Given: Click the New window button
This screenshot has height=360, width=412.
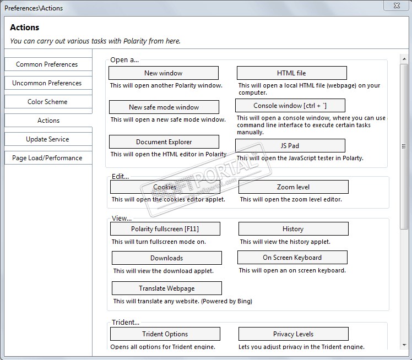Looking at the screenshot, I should pyautogui.click(x=163, y=73).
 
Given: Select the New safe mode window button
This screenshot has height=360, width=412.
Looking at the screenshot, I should pyautogui.click(x=164, y=107).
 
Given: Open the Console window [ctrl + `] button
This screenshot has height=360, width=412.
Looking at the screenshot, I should pyautogui.click(x=290, y=106).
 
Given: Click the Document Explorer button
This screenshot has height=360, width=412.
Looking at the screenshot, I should pyautogui.click(x=164, y=142).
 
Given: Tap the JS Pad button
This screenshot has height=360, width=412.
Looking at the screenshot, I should pyautogui.click(x=290, y=146).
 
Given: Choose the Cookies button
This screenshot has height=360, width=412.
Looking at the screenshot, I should pyautogui.click(x=165, y=187).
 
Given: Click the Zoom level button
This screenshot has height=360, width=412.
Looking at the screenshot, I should pyautogui.click(x=293, y=187).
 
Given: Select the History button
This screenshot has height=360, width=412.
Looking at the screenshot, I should pyautogui.click(x=293, y=229).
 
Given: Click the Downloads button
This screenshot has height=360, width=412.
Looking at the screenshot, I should pyautogui.click(x=166, y=258).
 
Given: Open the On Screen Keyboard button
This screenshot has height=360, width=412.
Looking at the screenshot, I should pyautogui.click(x=292, y=258).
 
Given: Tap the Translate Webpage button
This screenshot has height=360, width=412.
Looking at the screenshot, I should pyautogui.click(x=166, y=288).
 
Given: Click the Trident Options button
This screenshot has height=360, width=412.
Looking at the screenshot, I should pyautogui.click(x=165, y=334).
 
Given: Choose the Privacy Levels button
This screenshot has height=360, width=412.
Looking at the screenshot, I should pyautogui.click(x=293, y=334).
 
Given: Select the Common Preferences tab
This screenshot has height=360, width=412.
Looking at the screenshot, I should pyautogui.click(x=47, y=64).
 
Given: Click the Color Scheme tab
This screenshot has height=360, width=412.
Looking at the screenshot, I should pyautogui.click(x=47, y=102).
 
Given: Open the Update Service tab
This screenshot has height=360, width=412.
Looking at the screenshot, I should pyautogui.click(x=47, y=139).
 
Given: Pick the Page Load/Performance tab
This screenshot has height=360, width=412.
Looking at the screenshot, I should pyautogui.click(x=47, y=158).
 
